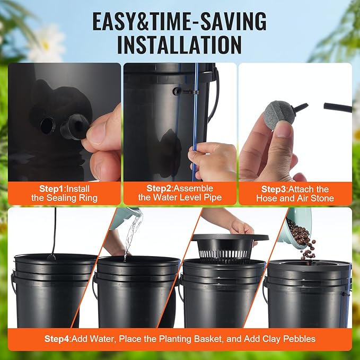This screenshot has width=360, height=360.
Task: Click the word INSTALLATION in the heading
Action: [179, 45]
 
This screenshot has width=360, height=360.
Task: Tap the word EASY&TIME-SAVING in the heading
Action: [179, 21]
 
